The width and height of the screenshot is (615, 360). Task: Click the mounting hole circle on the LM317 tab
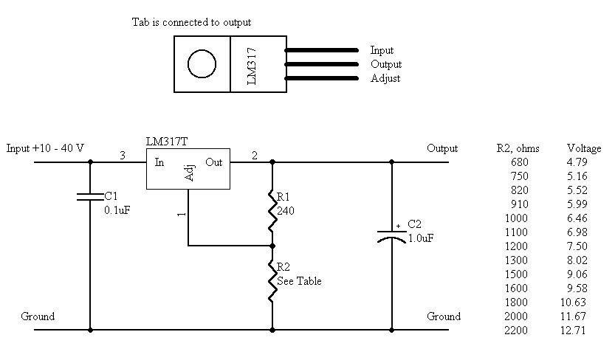pos(202,64)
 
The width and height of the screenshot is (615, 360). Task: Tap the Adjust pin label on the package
pos(385,78)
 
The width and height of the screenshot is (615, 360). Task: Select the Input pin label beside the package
pos(382,51)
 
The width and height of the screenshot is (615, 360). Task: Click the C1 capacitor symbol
pos(91,197)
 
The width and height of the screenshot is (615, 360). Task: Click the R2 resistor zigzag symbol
pos(272,280)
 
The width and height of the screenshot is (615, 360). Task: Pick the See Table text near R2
pos(300,281)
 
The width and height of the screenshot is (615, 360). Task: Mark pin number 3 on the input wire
pos(123,155)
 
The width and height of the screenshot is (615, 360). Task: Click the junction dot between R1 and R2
pos(272,246)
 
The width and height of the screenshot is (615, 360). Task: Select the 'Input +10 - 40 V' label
pos(45,148)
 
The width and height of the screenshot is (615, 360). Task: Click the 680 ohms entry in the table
pos(519,162)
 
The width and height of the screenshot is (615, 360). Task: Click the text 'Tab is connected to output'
pos(191,22)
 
